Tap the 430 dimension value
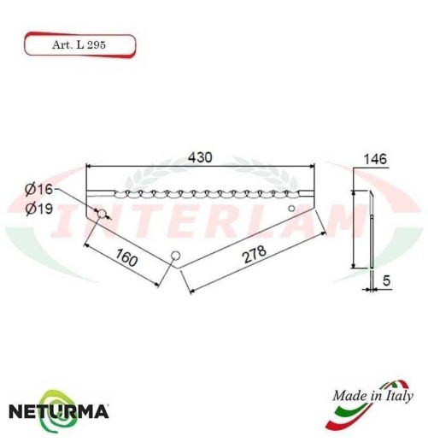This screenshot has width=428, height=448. tap(199, 158)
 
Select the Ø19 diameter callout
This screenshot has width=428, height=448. tap(38, 209)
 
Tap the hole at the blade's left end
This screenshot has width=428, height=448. tap(100, 213)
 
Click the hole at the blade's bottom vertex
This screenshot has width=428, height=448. tap(174, 254)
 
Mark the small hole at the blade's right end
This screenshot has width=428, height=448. tap(291, 208)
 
